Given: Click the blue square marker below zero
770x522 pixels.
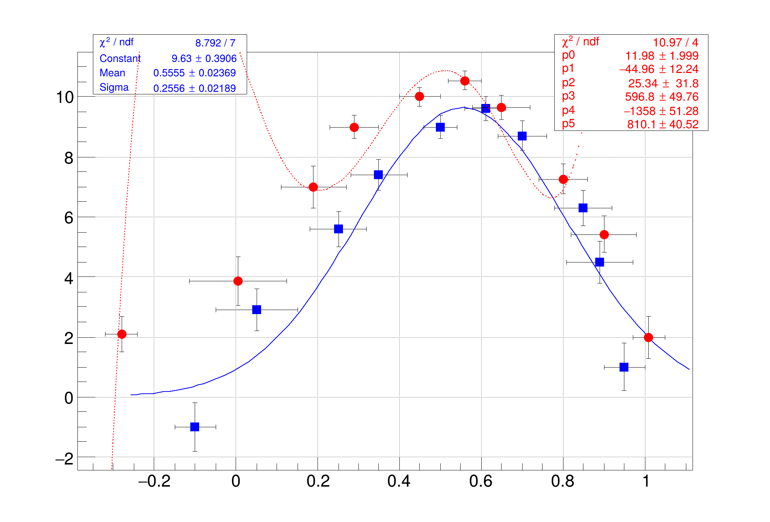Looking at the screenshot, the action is [195, 427].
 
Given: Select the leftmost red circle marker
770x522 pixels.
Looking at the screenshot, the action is [122, 334].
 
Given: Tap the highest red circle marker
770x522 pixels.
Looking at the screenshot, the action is [465, 81].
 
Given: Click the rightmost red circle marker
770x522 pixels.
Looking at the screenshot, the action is [648, 337].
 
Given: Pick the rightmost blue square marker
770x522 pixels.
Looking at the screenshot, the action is [624, 367].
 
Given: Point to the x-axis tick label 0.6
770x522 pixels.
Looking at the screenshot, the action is [481, 481].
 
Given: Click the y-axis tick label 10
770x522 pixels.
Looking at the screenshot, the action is [65, 97].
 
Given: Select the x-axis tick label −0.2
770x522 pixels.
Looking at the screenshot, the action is [154, 481].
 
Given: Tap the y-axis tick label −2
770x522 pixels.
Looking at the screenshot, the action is [65, 459].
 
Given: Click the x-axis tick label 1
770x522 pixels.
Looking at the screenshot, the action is [646, 481].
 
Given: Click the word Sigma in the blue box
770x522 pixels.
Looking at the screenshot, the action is [114, 87].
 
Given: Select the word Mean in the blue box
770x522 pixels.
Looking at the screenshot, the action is [112, 73].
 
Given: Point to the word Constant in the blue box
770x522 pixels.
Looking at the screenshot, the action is [120, 58].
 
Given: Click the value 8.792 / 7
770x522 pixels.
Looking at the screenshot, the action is [215, 43].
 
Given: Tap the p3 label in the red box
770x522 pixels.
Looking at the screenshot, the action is [568, 96].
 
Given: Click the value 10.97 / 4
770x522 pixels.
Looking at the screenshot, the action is [676, 42].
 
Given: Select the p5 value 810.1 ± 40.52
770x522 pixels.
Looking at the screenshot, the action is [663, 124].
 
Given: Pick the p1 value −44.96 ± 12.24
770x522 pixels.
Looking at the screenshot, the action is [659, 69].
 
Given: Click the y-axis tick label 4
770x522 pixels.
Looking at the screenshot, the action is [69, 278].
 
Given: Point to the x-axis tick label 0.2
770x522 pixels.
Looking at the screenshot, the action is [318, 481].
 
